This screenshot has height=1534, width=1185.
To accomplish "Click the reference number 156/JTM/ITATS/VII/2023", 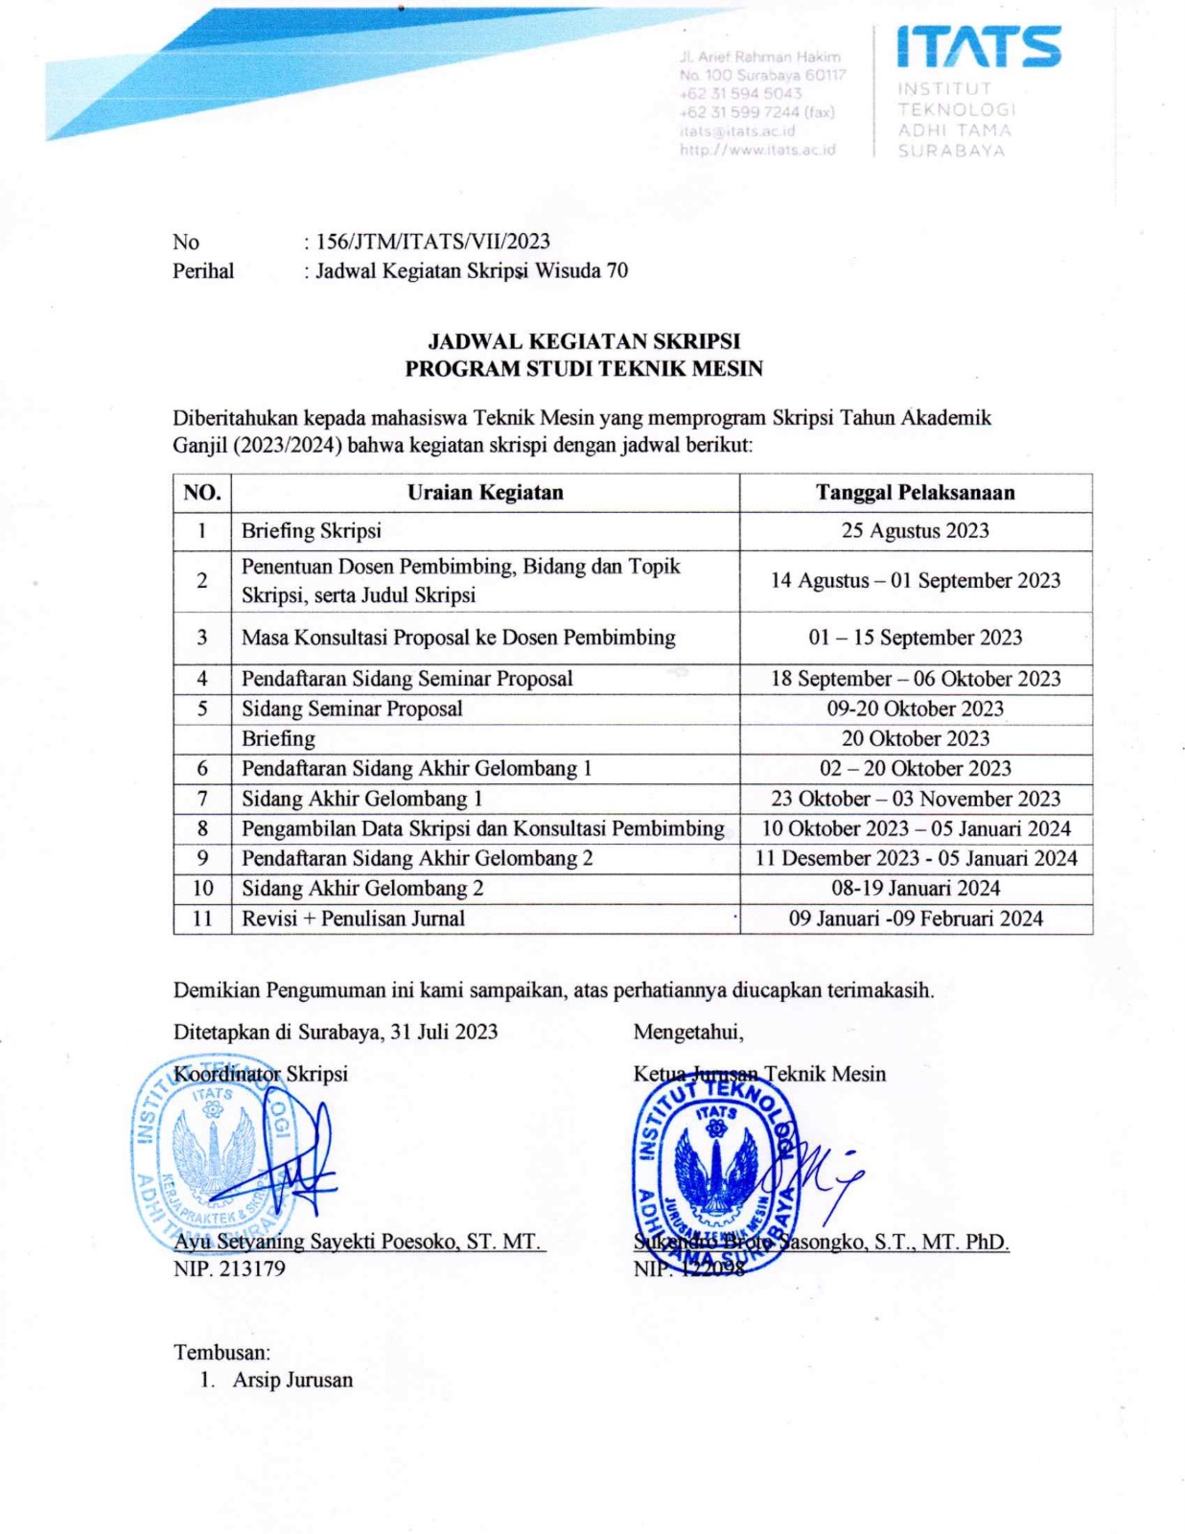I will [x=432, y=242].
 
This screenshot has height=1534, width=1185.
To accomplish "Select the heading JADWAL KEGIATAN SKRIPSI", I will [x=583, y=341].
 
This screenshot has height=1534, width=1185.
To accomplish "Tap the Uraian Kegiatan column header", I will [x=485, y=493].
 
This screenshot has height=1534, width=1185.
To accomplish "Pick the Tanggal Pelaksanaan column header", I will [x=915, y=493].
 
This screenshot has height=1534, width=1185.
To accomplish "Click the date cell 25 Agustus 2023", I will [x=915, y=531].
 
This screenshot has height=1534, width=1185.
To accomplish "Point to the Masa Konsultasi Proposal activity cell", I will [x=458, y=638].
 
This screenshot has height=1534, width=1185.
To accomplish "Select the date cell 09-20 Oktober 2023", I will [x=915, y=709].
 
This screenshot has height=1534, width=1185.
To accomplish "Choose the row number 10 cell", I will [x=202, y=889].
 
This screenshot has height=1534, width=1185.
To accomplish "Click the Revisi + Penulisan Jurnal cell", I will [x=353, y=918].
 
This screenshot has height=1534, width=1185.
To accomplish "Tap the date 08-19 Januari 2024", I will [x=915, y=889].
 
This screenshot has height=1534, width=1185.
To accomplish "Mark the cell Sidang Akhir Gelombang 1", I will [x=362, y=799].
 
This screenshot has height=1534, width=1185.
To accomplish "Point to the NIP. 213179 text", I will [x=229, y=1269].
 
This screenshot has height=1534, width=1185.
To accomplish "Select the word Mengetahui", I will [x=688, y=1032].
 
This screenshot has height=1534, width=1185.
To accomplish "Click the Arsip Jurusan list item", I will [x=292, y=1381].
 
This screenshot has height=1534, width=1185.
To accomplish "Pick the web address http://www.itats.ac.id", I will [x=757, y=150].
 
